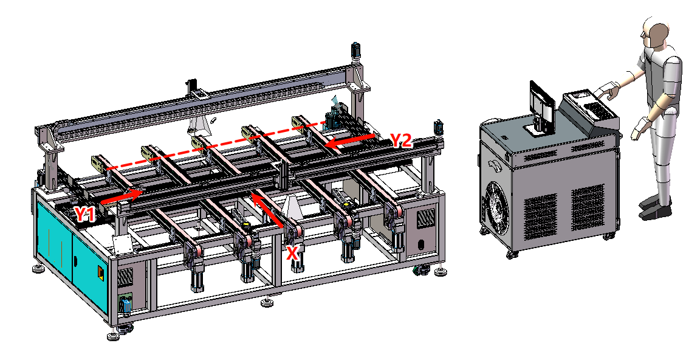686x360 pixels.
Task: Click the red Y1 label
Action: click(85, 214)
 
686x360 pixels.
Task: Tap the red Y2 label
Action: click(400, 141)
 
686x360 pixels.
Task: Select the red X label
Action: click(293, 253)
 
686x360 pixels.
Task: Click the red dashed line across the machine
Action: click(216, 146)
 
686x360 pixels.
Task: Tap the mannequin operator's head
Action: click(656, 33)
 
